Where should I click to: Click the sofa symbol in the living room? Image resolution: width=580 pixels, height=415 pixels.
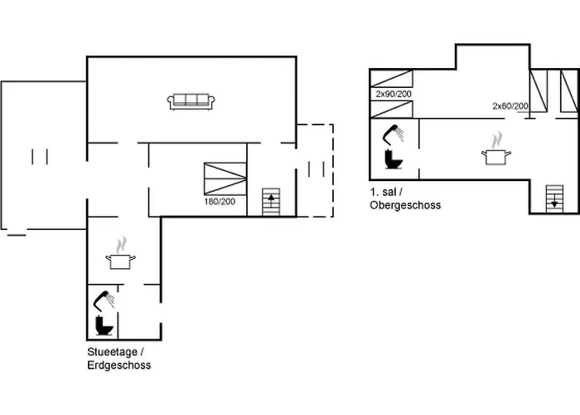pyautogui.click(x=191, y=101)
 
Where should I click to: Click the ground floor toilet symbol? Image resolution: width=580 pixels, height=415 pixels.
pyautogui.click(x=104, y=325)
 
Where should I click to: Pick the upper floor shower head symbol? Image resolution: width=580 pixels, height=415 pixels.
pyautogui.click(x=394, y=133)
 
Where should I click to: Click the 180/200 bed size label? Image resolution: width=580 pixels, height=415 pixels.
pyautogui.click(x=220, y=202)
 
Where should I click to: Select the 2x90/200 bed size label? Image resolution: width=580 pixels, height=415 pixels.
pyautogui.click(x=394, y=95)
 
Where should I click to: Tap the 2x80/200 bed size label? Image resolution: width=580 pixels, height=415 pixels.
pyautogui.click(x=510, y=105)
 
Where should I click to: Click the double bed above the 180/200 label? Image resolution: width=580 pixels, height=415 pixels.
pyautogui.click(x=225, y=178)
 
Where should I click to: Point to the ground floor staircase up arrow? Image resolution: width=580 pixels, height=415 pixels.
pyautogui.click(x=272, y=203)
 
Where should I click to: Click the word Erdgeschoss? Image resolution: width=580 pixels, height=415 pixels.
pyautogui.click(x=119, y=364)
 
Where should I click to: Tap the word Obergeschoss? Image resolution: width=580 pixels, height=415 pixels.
pyautogui.click(x=405, y=204)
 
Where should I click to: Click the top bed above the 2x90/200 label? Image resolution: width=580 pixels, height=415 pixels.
pyautogui.click(x=393, y=80)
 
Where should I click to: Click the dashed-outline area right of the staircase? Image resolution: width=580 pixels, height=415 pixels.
pyautogui.click(x=316, y=169)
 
